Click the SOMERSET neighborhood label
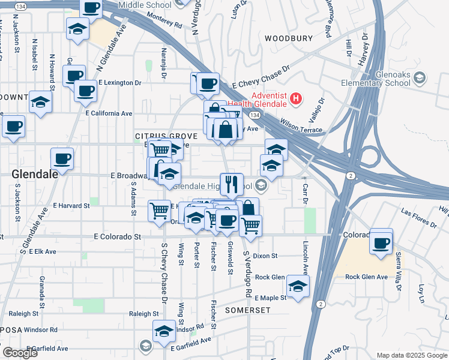(248, 310)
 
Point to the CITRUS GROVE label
(158, 136)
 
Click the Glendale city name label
(34, 174)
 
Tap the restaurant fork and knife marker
(231, 184)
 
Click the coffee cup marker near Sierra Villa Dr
(381, 242)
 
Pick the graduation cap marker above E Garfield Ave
(163, 331)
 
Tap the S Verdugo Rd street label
(247, 275)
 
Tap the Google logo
(20, 353)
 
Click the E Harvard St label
(71, 205)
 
